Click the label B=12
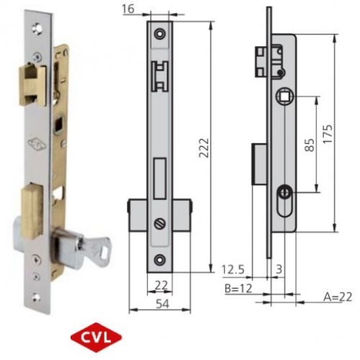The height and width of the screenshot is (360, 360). click(238, 288)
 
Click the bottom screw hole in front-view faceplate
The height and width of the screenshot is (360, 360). click(160, 258)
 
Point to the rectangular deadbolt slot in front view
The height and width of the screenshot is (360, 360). click(160, 173)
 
